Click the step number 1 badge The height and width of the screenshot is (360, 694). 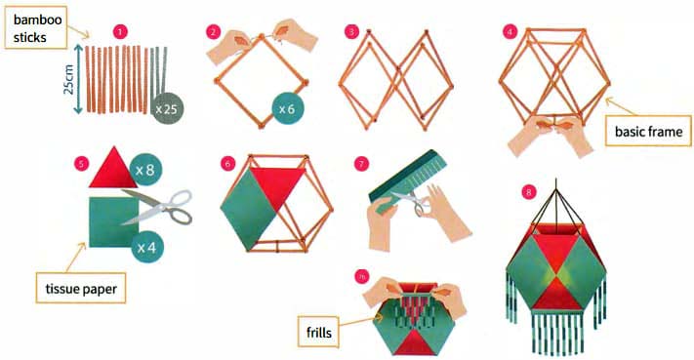pyautogui.click(x=120, y=32)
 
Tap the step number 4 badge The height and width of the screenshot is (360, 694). pyautogui.click(x=510, y=32)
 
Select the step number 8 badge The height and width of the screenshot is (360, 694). pyautogui.click(x=528, y=192)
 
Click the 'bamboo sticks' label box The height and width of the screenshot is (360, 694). pyautogui.click(x=36, y=27)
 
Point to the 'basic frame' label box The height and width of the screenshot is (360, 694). pyautogui.click(x=648, y=131)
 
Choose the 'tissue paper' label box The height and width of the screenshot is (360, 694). pyautogui.click(x=81, y=289)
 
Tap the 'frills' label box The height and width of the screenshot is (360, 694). pyautogui.click(x=318, y=332)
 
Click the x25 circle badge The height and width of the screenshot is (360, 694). pyautogui.click(x=167, y=108)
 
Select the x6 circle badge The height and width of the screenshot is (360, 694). pyautogui.click(x=287, y=108)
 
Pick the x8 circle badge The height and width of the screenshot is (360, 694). pyautogui.click(x=145, y=170)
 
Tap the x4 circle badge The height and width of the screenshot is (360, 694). pyautogui.click(x=147, y=247)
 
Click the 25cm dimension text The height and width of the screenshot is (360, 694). pyautogui.click(x=69, y=80)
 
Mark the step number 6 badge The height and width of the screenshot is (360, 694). pyautogui.click(x=227, y=164)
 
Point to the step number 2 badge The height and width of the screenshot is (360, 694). pyautogui.click(x=214, y=32)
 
